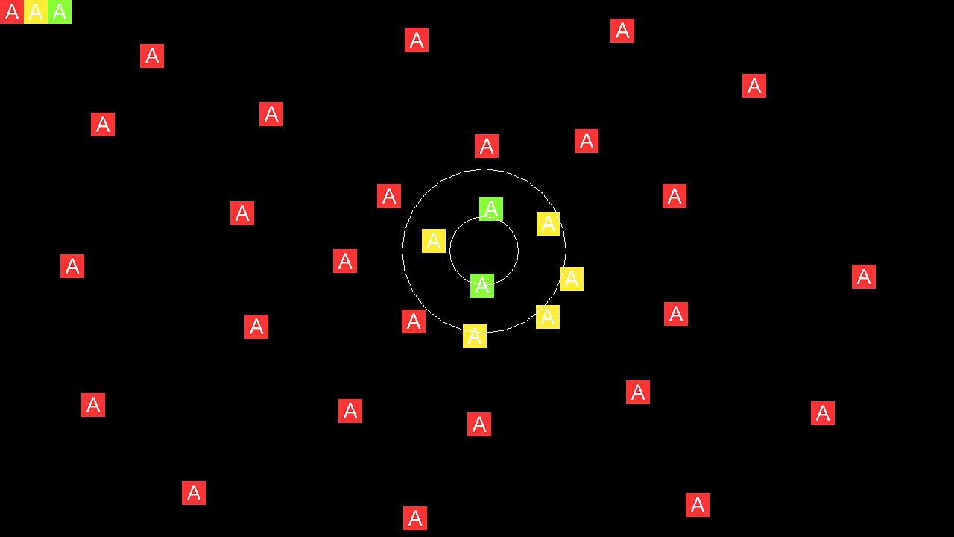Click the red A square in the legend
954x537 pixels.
coord(12,12)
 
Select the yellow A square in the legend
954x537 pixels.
coord(36,12)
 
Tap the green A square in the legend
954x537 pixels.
coord(60,12)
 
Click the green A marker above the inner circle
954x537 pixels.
coord(491,209)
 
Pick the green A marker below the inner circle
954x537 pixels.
coord(482,286)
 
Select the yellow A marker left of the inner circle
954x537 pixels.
coord(434,241)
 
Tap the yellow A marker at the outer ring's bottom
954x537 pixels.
coord(475,336)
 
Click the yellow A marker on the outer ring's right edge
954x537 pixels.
coord(572,279)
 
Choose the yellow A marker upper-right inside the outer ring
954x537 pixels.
coord(549,224)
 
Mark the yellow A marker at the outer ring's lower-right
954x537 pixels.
coord(548,317)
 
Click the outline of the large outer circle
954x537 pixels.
coord(402,251)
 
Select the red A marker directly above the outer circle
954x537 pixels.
coord(487,146)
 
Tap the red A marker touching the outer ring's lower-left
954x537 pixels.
coord(414,321)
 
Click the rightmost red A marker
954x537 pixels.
coord(864,277)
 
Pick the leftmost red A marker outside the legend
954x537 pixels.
coord(72,266)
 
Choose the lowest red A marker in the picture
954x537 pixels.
coord(415,518)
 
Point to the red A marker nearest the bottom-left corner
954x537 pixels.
coord(194,493)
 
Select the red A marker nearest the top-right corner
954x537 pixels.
coord(754,86)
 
